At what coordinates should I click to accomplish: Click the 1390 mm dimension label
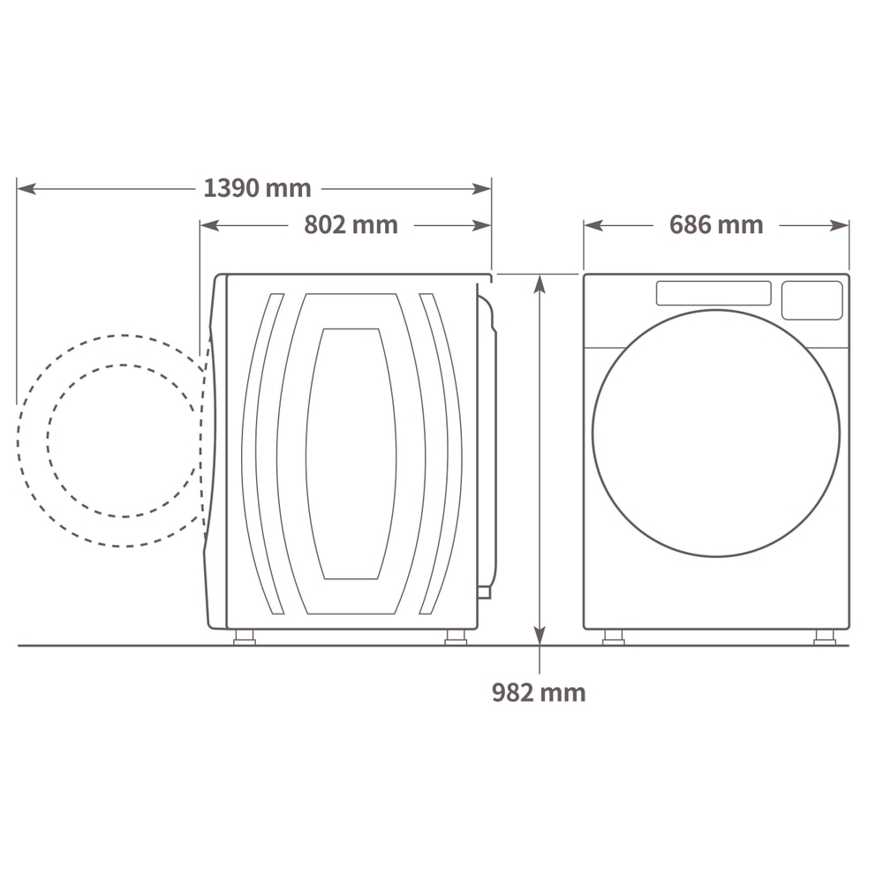coord(257,188)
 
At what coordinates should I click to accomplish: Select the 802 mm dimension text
coord(351,224)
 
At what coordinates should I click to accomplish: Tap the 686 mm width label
coord(716,224)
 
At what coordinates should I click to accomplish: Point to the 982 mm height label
coord(539,692)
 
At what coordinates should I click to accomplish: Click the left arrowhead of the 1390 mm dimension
coord(26,189)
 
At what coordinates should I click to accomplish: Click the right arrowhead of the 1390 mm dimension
coord(482,189)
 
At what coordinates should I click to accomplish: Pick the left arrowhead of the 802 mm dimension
coord(209,226)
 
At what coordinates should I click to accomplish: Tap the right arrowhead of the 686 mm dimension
coord(840,226)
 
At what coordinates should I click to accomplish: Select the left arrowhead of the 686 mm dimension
coord(593,226)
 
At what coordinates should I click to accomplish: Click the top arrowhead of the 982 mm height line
coord(540,283)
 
